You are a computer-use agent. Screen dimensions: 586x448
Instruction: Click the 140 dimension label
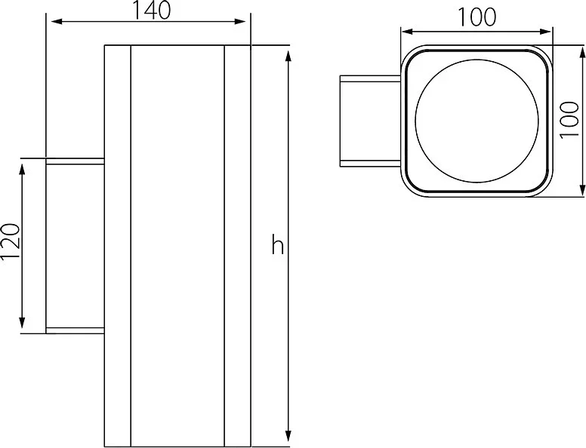[x=152, y=10]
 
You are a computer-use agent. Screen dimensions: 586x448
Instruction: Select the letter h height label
[x=278, y=244]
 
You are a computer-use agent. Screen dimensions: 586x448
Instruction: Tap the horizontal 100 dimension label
[x=477, y=17]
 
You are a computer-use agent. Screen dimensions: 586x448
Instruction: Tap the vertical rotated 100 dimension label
[x=570, y=119]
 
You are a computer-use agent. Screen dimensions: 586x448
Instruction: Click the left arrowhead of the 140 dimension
[x=57, y=21]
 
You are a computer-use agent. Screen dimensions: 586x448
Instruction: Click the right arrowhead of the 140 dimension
[x=240, y=21]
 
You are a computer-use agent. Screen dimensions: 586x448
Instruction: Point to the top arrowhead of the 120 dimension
[x=22, y=170]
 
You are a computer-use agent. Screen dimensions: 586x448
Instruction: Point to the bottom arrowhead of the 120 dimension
[x=22, y=323]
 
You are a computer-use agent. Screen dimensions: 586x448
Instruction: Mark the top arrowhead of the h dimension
[x=288, y=56]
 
